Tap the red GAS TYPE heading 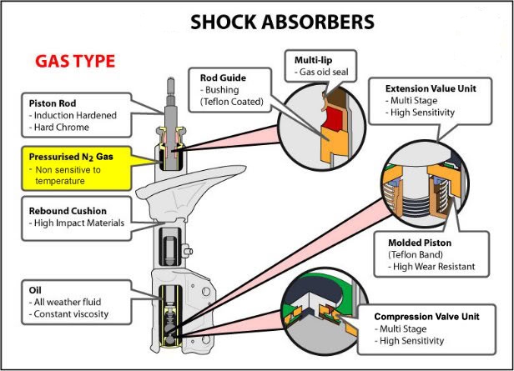coord(74,62)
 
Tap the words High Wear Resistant coord(431,268)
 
